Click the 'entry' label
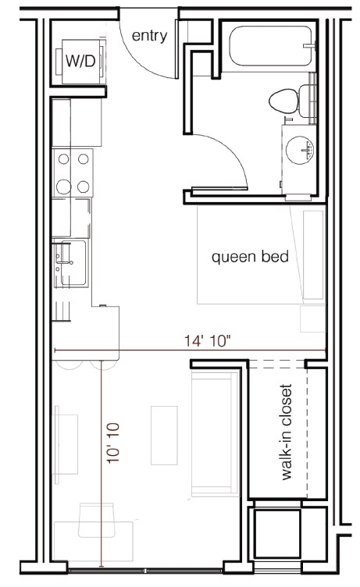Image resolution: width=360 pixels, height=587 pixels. tap(149, 36)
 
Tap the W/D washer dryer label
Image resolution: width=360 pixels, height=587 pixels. tap(80, 62)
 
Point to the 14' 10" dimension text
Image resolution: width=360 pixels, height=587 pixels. tap(208, 340)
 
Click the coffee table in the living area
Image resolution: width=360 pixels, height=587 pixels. tap(164, 435)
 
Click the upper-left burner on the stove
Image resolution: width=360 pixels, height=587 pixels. tap(63, 159)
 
